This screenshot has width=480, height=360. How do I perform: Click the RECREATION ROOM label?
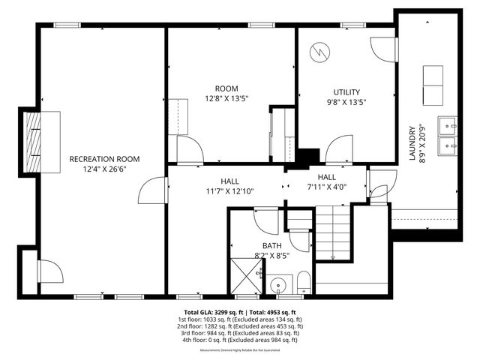[104, 158]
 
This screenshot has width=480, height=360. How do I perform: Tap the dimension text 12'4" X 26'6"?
[104, 169]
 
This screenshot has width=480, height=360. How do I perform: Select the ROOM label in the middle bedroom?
[226, 88]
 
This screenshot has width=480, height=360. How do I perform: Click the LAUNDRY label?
[412, 143]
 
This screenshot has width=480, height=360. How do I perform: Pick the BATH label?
[271, 245]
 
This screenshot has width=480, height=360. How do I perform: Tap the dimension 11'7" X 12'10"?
[229, 191]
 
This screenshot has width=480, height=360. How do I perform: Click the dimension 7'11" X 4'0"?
[326, 187]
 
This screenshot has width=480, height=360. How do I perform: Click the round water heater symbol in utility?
[320, 52]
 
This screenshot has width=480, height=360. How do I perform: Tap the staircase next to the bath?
[332, 232]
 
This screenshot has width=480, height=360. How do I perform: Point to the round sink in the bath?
[280, 286]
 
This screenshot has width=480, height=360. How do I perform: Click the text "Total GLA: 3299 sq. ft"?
[211, 312]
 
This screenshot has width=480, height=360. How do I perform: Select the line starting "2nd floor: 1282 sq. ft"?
[240, 326]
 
